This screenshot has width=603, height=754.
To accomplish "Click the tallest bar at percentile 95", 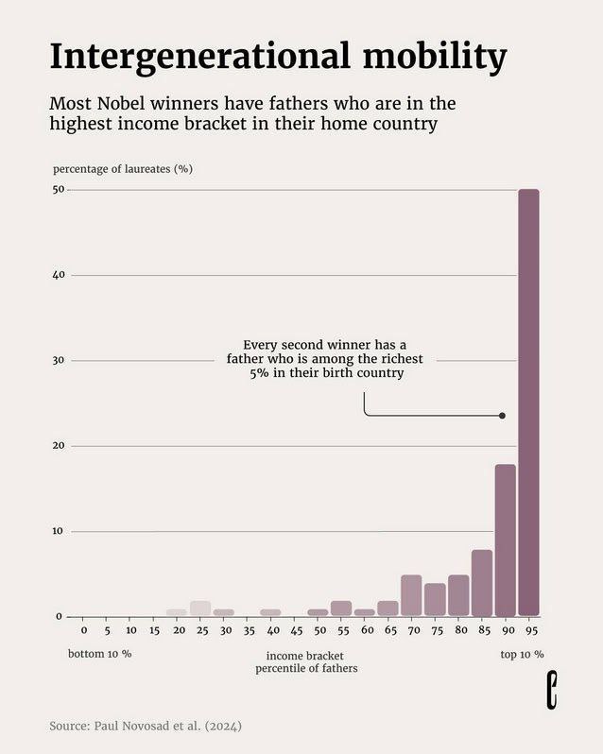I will [x=528, y=403].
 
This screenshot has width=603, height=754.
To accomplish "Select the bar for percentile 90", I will [x=506, y=540].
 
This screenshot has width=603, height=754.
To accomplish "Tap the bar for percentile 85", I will [x=482, y=582].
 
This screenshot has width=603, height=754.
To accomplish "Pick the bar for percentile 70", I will [x=411, y=595].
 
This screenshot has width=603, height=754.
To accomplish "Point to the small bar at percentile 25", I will [x=200, y=608].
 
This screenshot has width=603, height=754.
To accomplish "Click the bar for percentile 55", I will [x=341, y=608].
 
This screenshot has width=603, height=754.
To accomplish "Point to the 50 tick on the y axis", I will [x=59, y=190].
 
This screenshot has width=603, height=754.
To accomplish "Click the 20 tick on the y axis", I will [x=59, y=446].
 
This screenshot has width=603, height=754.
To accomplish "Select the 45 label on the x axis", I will [x=296, y=630].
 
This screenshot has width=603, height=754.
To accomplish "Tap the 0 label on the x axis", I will [x=83, y=630].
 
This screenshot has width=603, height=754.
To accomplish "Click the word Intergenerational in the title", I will [x=202, y=57].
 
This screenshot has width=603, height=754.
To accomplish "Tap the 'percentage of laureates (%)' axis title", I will [x=123, y=169].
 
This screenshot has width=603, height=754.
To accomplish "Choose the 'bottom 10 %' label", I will [x=100, y=654].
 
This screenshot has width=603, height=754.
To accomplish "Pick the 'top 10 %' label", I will [x=522, y=654].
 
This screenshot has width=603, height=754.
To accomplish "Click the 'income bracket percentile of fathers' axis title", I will [x=306, y=661].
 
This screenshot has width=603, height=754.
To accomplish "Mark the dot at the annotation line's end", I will [x=502, y=416].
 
